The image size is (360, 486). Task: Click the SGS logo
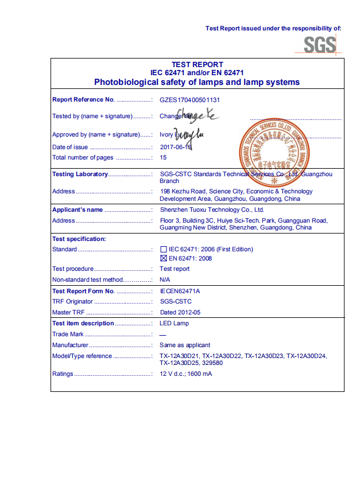(319, 44)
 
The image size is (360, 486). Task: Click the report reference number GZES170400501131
(190, 100)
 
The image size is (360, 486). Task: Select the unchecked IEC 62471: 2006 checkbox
(164, 250)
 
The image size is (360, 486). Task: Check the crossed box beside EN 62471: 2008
(164, 259)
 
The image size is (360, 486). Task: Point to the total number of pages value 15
(163, 157)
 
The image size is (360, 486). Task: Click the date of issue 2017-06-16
(175, 147)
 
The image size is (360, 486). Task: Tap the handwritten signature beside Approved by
(189, 135)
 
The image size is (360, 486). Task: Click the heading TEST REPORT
(197, 65)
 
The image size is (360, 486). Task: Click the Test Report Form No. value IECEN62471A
(180, 291)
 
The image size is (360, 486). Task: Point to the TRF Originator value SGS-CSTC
(176, 301)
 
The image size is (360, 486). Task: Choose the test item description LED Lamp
(174, 324)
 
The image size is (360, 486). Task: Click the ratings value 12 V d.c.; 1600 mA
(185, 374)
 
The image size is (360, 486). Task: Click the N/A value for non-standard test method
(165, 280)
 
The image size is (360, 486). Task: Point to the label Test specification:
(79, 239)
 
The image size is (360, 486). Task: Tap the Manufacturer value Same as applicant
(185, 345)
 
